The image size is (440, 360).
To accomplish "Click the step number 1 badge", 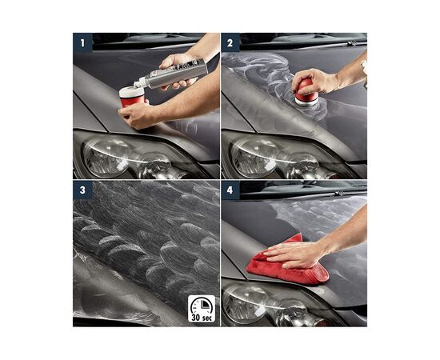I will click(81, 41).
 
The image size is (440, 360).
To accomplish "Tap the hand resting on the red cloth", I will click(296, 254).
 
